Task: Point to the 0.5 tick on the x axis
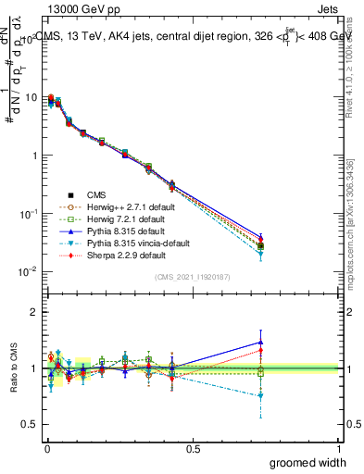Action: click(x=193, y=449)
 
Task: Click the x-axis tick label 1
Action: click(x=339, y=449)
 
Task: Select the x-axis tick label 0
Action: click(x=46, y=449)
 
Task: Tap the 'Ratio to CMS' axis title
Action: click(x=12, y=368)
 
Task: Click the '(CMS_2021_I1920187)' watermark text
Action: click(x=193, y=277)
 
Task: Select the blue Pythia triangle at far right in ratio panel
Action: click(x=261, y=343)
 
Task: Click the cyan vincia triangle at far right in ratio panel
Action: click(x=261, y=395)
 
